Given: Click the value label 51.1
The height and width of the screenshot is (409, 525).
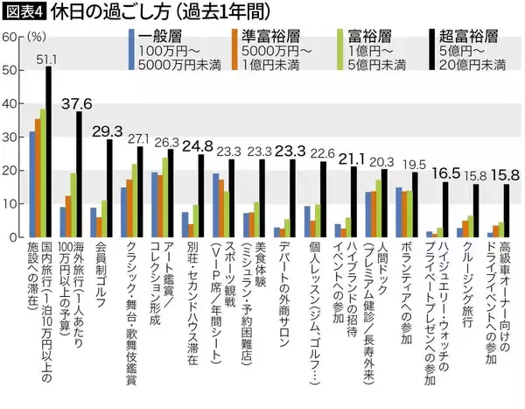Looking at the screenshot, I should pyautogui.click(x=47, y=60).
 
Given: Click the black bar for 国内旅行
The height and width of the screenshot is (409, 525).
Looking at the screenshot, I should pyautogui.click(x=49, y=152).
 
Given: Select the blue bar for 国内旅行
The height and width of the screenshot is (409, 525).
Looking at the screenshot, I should pyautogui.click(x=32, y=184).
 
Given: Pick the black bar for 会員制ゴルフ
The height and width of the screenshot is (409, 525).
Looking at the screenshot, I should pyautogui.click(x=109, y=187).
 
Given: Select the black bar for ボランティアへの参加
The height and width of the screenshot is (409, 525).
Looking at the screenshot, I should pyautogui.click(x=415, y=203).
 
